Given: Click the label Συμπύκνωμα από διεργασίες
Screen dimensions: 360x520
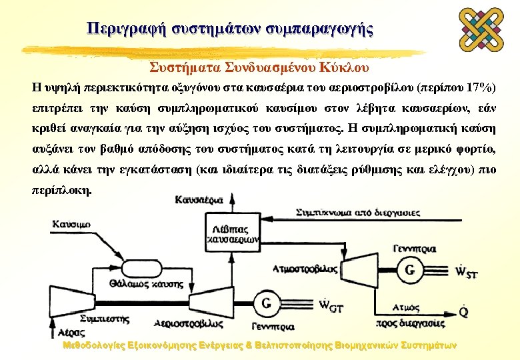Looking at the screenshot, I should pyautogui.click(x=357, y=213).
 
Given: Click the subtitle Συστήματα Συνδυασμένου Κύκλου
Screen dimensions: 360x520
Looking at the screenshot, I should pyautogui.click(x=259, y=68).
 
